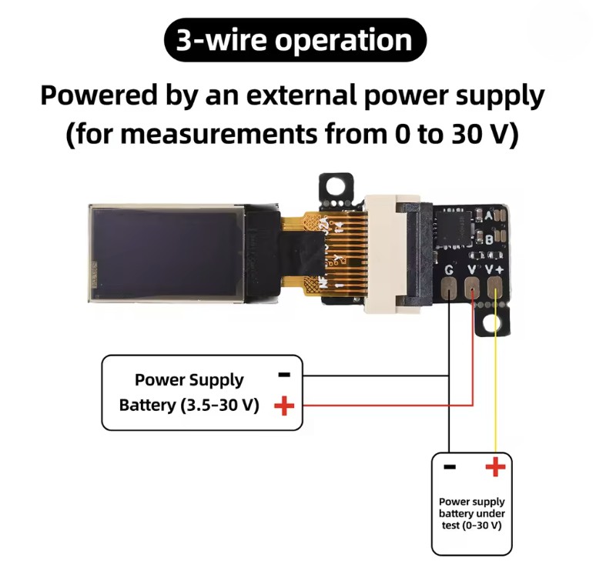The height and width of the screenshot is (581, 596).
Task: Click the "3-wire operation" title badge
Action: [x=295, y=40]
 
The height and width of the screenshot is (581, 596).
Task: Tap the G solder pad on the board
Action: [x=449, y=287]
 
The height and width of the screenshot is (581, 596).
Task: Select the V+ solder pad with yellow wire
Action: [x=494, y=287]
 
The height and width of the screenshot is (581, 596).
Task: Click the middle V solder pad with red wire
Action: [x=472, y=287]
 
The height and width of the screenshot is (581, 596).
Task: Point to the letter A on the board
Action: [x=489, y=215]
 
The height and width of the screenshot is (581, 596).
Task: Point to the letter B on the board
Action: [x=490, y=239]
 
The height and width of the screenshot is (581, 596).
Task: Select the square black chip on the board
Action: [x=454, y=229]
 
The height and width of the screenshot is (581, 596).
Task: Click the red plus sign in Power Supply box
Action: [x=284, y=406]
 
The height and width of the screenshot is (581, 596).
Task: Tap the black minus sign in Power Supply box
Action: [x=284, y=375]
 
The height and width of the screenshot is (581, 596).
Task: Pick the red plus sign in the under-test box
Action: [x=496, y=466]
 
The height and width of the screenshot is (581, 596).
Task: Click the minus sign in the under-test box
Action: [x=450, y=466]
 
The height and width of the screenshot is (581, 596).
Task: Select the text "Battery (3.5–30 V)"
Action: [x=189, y=406]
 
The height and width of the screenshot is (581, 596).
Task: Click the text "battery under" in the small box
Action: [x=472, y=513]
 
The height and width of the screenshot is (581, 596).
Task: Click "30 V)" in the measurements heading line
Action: [x=485, y=135]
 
